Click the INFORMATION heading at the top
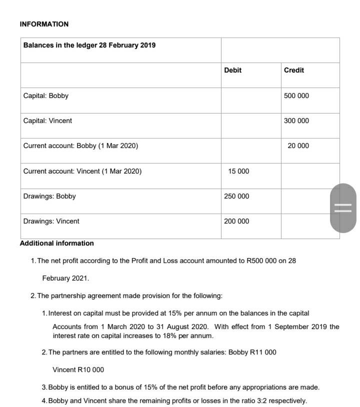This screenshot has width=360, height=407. click(44, 24)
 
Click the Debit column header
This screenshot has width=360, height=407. click(232, 70)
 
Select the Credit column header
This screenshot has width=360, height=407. click(293, 70)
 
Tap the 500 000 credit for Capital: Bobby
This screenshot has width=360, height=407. click(296, 95)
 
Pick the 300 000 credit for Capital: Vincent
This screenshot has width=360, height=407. click(296, 120)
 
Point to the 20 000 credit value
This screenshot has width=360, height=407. click(298, 145)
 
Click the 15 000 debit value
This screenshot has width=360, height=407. click(238, 171)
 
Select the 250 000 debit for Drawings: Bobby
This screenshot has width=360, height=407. click(236, 196)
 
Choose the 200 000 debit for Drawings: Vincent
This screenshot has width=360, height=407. click(236, 221)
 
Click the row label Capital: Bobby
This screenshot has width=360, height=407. click(46, 95)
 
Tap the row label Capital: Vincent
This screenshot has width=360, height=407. click(47, 120)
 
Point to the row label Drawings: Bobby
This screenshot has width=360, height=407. click(49, 196)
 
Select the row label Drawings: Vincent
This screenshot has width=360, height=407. click(51, 221)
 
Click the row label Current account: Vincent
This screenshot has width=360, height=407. click(82, 171)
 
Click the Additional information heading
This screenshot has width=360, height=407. click(56, 243)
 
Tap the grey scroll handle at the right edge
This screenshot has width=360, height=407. click(343, 208)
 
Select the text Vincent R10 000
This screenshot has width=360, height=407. click(78, 369)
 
